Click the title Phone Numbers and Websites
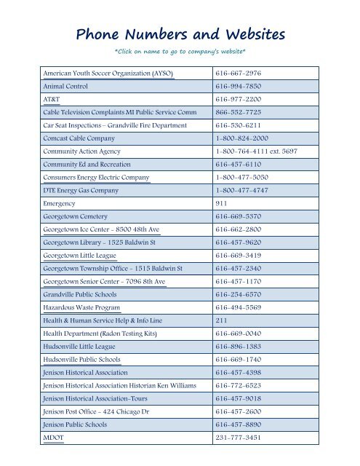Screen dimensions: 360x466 click(x=179, y=34)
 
